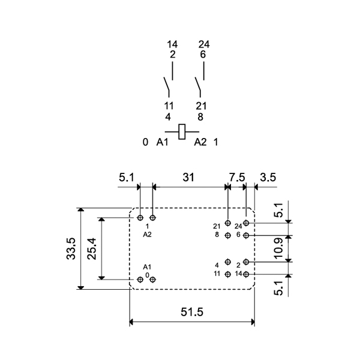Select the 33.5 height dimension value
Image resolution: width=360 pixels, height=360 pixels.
[71, 249]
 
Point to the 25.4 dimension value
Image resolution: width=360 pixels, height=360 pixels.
[91, 248]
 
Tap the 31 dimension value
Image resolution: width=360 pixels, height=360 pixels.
[189, 177]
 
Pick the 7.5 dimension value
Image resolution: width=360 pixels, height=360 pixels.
[237, 177]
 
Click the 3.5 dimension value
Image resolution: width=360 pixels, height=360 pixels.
[268, 177]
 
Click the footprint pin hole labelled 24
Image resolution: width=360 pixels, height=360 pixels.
[246, 223]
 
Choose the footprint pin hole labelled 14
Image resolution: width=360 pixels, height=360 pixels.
[246, 274]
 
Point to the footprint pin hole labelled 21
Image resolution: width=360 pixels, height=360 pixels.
[227, 223]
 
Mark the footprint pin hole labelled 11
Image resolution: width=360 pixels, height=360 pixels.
[227, 274]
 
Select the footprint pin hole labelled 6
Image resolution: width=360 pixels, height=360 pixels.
[246, 235]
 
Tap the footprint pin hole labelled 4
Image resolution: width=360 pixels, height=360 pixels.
[227, 262]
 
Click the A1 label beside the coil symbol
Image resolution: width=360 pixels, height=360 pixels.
[162, 142]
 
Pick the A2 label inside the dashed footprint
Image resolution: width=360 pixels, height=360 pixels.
[147, 235]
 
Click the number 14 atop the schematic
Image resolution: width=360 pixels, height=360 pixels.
[172, 44]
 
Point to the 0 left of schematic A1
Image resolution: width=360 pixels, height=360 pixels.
[145, 142]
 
